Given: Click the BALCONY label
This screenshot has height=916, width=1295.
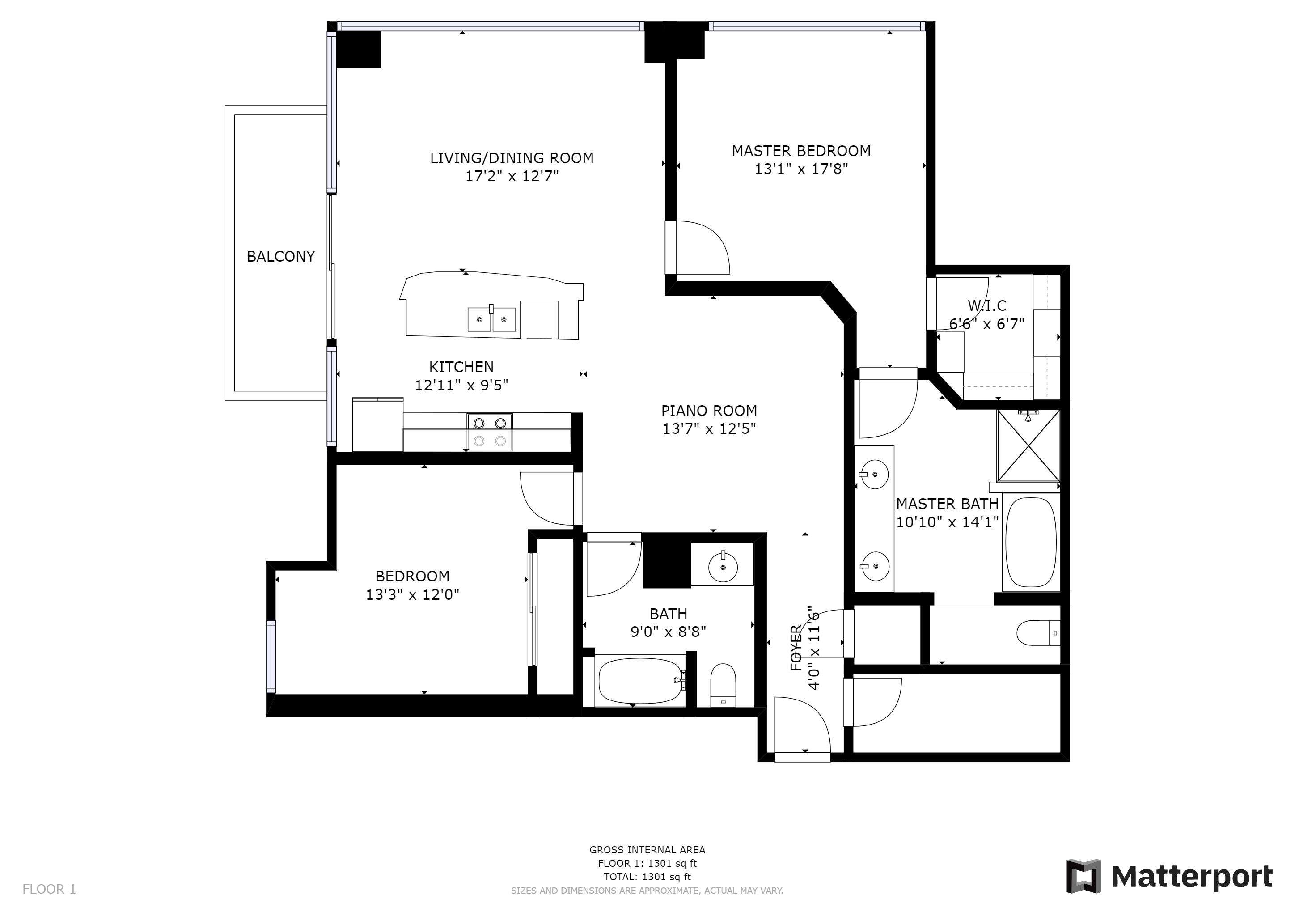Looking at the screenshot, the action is (280, 257).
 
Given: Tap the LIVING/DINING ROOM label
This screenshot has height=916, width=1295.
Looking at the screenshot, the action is (512, 158).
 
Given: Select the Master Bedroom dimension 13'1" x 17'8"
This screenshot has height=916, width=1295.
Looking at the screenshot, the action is (801, 169).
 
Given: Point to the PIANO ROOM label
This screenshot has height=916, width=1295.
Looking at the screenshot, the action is (709, 411).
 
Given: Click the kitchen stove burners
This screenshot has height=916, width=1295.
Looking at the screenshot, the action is (490, 432).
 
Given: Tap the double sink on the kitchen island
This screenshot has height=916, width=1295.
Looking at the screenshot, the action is (491, 320).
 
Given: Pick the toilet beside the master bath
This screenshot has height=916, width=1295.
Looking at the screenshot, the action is (1038, 633).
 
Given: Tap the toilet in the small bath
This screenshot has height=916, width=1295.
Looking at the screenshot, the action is (723, 685).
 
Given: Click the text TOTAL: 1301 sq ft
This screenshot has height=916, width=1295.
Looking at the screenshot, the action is (647, 877).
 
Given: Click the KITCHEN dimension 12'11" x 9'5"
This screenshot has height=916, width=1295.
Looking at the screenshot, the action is (461, 385).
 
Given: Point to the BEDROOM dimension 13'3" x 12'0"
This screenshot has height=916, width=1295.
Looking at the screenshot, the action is (412, 594).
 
